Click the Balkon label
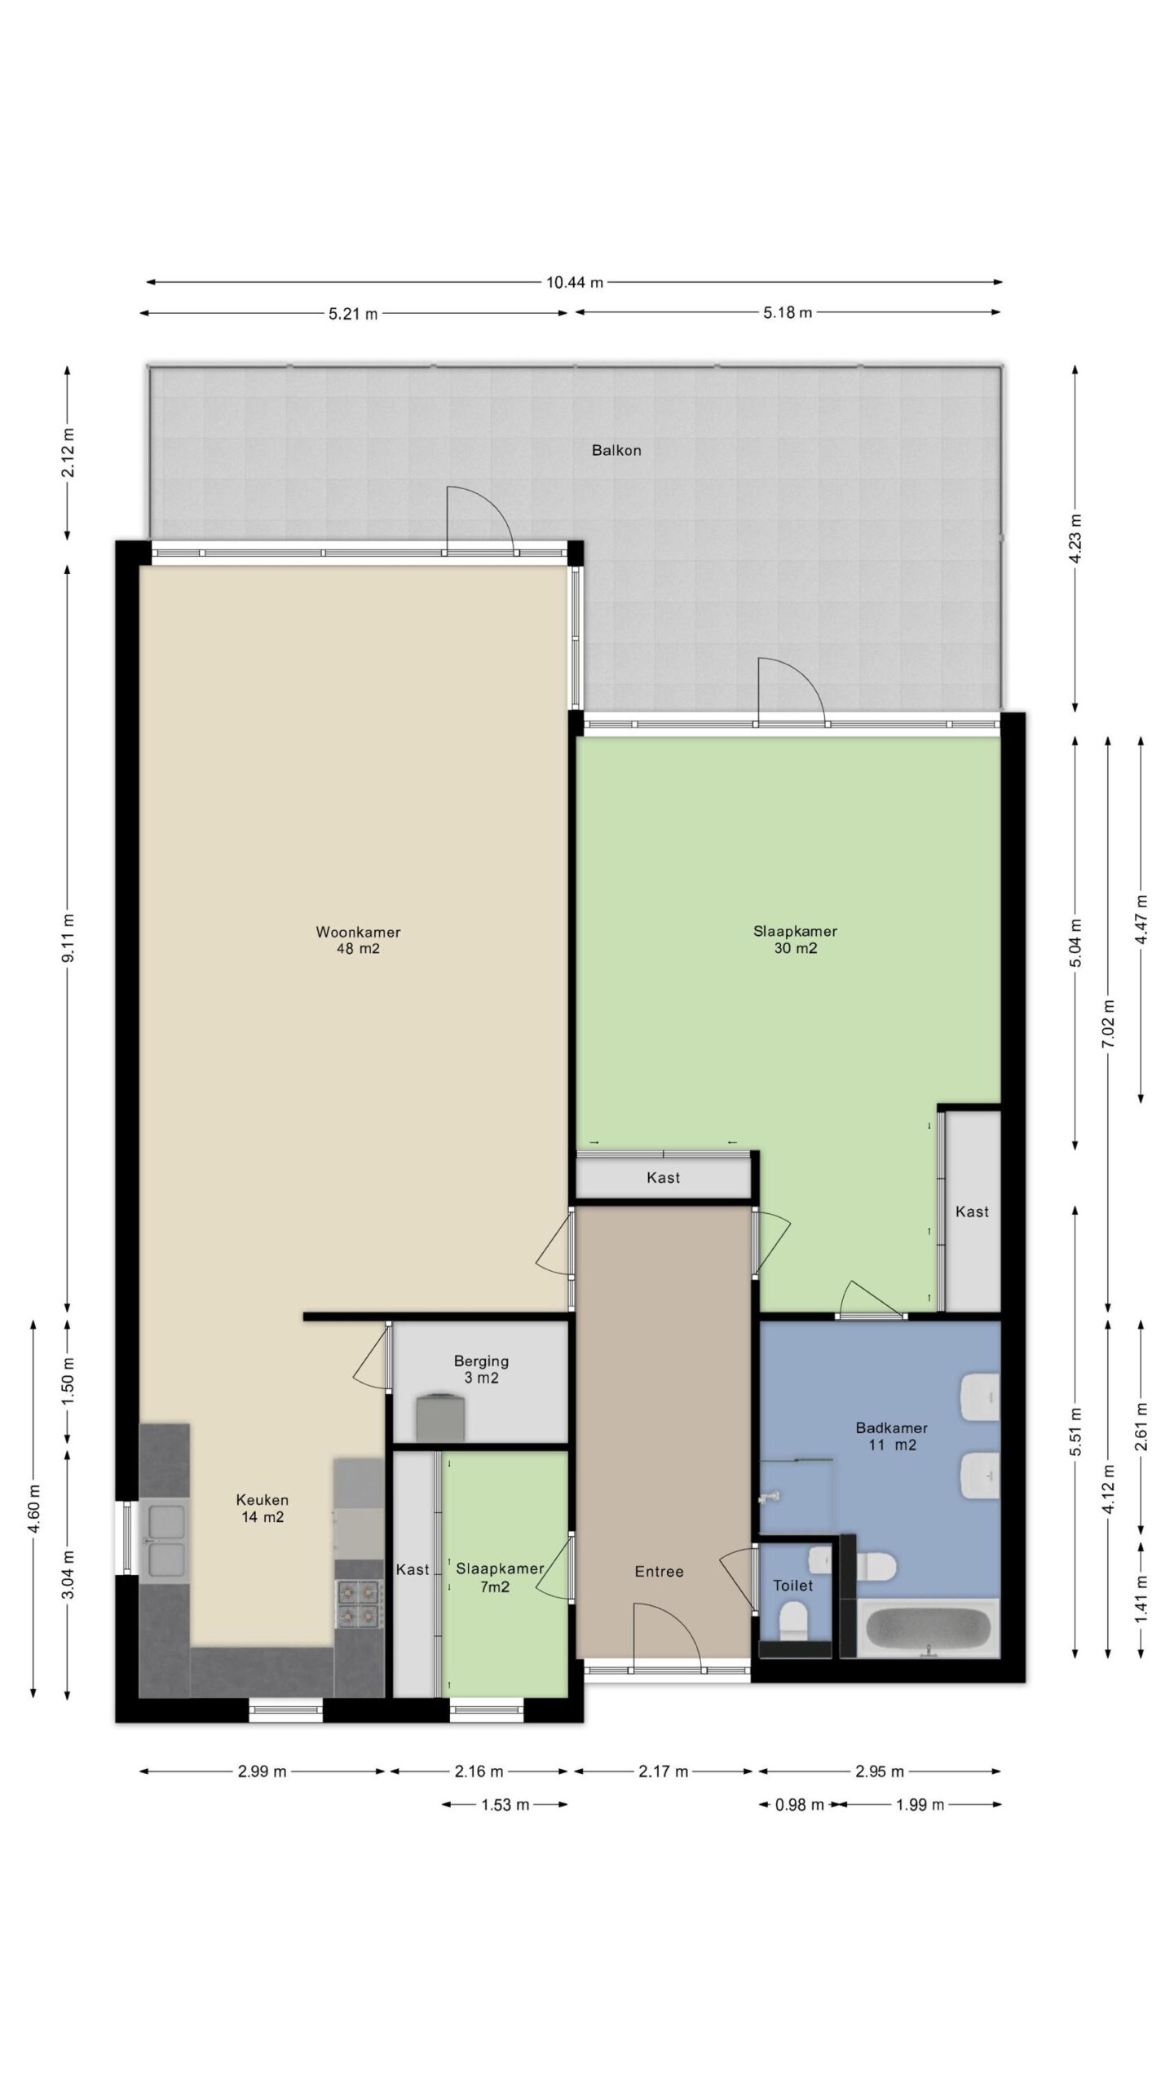tap(616, 450)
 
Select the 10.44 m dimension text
tap(575, 283)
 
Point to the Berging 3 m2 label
tap(481, 1370)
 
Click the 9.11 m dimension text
tap(68, 947)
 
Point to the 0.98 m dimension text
tap(799, 1804)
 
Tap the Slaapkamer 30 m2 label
tap(795, 939)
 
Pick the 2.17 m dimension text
tap(664, 1771)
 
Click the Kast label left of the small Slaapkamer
tap(413, 1569)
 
